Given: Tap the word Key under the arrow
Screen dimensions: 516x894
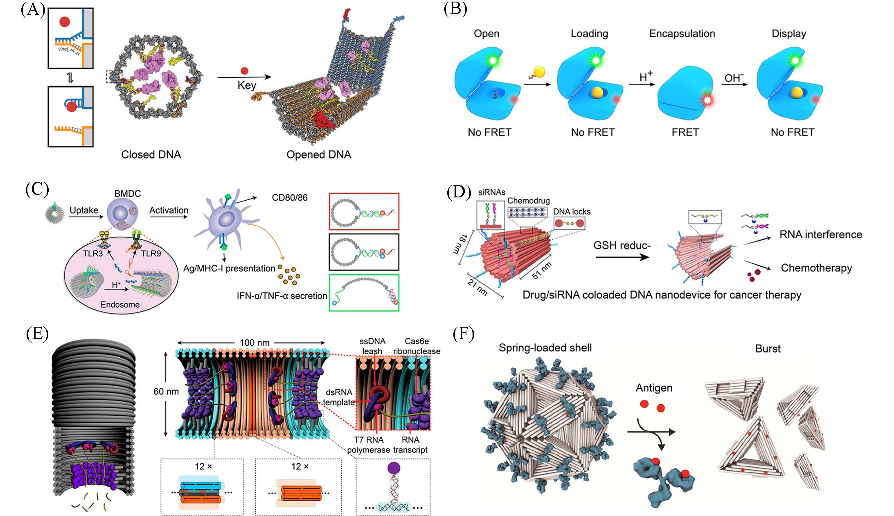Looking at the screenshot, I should [247, 86].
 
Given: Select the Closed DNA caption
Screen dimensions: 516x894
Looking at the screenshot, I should [151, 154].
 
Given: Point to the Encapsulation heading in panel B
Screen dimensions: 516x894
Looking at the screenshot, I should [682, 34].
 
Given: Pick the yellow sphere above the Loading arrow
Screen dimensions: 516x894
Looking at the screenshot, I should [539, 72].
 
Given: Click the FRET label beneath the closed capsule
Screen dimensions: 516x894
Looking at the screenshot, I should [685, 132].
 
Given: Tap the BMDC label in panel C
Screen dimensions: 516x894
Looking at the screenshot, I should [128, 193].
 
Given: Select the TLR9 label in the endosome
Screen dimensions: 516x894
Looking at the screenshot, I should [151, 253].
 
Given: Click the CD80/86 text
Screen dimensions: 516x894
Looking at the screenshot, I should [290, 198].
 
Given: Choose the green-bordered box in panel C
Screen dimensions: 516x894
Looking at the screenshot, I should [364, 293].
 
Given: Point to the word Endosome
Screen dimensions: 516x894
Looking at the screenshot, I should [120, 305].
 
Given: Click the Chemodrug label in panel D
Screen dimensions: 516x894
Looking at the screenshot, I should [529, 201].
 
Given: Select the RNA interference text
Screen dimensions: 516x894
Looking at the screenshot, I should [821, 235].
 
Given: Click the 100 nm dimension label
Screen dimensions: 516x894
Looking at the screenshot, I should [254, 342].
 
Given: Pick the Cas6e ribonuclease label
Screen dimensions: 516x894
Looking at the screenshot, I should [417, 346].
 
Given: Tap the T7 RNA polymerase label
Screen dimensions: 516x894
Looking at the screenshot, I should [369, 445].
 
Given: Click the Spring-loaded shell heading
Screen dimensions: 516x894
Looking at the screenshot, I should [545, 348].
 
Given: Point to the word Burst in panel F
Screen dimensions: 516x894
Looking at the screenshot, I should [768, 349].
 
